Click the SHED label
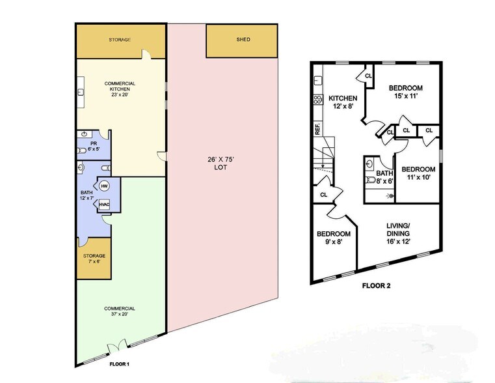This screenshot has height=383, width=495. point(243,40)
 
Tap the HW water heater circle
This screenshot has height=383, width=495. point(105,186)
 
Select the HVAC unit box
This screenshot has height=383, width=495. point(104,205)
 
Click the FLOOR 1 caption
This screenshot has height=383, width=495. point(119,364)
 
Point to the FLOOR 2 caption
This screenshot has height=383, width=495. point(377,286)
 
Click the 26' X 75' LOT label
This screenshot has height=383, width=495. point(221,163)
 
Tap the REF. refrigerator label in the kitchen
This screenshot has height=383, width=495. point(317,129)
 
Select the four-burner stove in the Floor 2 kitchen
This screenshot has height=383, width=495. point(318,100)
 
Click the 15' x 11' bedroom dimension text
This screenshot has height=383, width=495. point(406,96)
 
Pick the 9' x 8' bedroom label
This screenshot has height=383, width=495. point(334,238)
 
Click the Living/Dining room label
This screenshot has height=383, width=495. point(398,234)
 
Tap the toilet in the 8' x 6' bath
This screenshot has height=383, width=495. point(370,180)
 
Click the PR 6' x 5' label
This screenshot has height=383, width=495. point(94,147)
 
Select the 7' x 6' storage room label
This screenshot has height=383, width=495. point(94,259)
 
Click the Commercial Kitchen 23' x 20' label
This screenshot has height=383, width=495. point(120,89)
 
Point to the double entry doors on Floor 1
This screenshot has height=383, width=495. point(118,345)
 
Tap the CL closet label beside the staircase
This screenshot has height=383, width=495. point(323,195)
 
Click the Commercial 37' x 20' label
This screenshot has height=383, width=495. point(119,311)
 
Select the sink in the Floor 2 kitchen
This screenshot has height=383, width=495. point(317,81)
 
